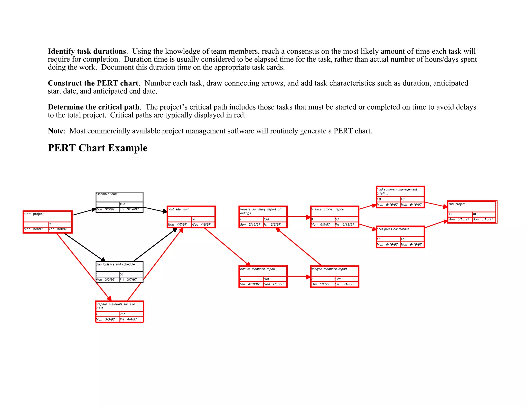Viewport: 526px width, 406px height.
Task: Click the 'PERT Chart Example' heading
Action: click(98, 148)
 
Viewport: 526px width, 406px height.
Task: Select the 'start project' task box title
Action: click(34, 214)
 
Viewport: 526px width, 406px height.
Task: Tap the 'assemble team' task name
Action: click(107, 194)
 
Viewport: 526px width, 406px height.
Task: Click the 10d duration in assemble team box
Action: click(123, 204)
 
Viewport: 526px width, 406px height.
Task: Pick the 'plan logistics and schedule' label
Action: click(116, 264)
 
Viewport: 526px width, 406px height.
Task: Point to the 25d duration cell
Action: click(123, 314)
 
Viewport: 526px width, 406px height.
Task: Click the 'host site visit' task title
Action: click(178, 209)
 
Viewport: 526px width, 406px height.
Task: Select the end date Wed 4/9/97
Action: click(201, 225)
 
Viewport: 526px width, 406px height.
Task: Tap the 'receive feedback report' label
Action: click(257, 269)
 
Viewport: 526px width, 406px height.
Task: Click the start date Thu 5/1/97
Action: click(321, 284)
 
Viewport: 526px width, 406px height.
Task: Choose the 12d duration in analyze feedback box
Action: click(338, 279)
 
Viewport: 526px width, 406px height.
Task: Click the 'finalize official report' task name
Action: click(328, 209)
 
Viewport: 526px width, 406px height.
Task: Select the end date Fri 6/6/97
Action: click(272, 225)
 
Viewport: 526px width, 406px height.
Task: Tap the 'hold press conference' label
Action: click(393, 229)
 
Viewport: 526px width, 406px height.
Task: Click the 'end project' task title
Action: click(457, 204)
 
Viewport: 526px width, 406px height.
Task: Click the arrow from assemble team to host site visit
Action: click(155, 210)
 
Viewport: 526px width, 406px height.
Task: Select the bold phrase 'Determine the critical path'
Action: click(93, 107)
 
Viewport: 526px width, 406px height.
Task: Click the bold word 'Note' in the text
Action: click(55, 131)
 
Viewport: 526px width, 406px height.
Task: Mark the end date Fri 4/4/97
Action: click(129, 320)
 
